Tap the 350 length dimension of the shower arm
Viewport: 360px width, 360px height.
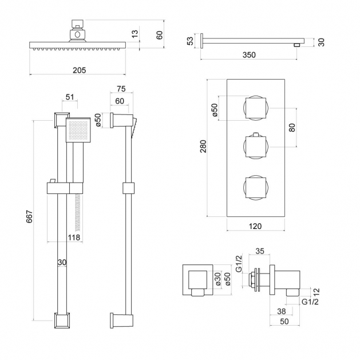point(248,55)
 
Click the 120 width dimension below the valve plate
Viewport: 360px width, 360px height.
point(255,226)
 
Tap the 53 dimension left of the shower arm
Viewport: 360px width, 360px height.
point(190,41)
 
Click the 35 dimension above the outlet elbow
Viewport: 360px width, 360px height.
point(259,251)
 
